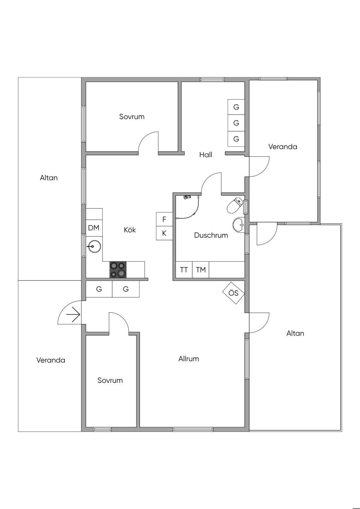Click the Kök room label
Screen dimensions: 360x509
point(130,230)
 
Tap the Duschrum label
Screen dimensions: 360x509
point(211,235)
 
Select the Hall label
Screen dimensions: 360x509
point(206,155)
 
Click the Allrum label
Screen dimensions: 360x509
point(189,359)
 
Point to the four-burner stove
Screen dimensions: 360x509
point(118,270)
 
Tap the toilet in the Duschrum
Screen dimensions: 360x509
point(235,205)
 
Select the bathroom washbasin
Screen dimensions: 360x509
point(238,225)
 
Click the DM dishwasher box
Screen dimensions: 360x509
point(94,228)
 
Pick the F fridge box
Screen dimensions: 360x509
point(164,219)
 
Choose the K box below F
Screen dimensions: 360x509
point(164,233)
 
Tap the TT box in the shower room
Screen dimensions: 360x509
point(184,270)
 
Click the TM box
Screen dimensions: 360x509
point(201,270)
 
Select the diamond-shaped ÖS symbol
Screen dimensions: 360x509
point(233,293)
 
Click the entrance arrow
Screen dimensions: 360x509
point(73,315)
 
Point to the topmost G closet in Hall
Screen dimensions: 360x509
point(236,107)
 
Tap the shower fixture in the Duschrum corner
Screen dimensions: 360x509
point(187,197)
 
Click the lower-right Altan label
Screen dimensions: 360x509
point(295,333)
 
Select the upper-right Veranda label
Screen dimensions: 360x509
point(283,147)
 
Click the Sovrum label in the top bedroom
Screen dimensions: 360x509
point(132,117)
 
